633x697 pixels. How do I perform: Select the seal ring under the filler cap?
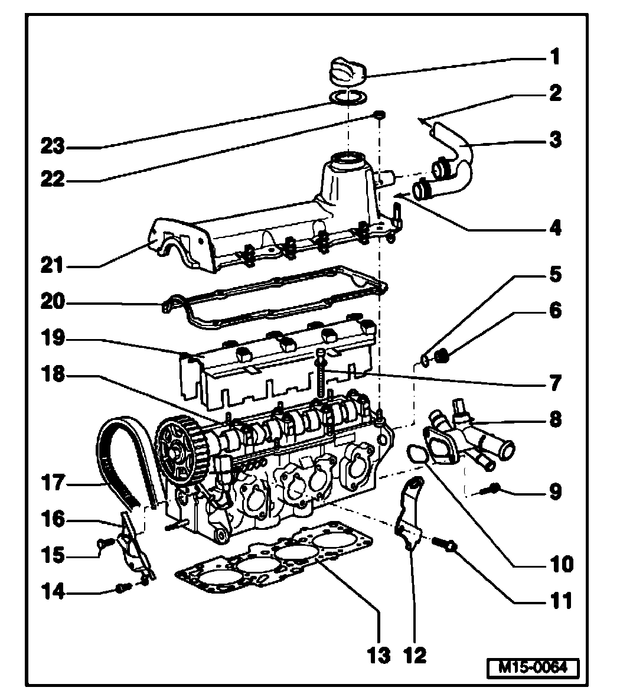coord(348,97)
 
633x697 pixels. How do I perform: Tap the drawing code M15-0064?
coord(533,668)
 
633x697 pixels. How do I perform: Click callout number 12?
coord(415,654)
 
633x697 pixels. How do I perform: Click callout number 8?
coord(554,420)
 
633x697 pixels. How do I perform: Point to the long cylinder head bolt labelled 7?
coord(322,375)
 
